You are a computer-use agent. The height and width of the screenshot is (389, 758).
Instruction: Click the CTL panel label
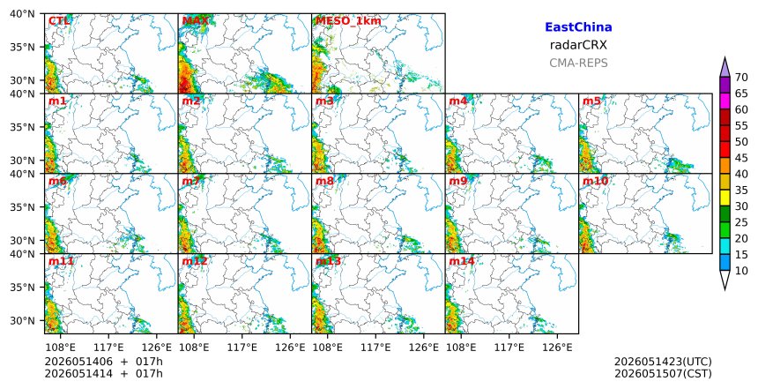(x=59, y=21)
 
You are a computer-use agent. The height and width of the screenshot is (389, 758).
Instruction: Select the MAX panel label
(x=196, y=21)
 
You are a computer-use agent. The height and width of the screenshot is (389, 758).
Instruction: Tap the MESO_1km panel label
(x=348, y=21)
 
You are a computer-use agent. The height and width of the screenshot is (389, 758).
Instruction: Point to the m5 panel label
(x=591, y=101)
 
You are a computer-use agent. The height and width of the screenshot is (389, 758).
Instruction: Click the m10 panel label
(x=595, y=181)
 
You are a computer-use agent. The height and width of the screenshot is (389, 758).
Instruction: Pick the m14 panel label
(x=462, y=261)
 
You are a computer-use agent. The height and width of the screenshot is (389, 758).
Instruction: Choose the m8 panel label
(x=325, y=181)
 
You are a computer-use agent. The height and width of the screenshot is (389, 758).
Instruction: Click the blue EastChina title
(x=578, y=27)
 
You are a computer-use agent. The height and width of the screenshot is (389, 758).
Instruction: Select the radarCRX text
(x=578, y=45)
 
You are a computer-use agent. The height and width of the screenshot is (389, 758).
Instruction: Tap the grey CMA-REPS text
(x=578, y=63)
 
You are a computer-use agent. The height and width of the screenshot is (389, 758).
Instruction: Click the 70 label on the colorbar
(x=741, y=78)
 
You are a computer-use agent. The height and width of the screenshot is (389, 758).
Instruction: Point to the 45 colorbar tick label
(x=741, y=158)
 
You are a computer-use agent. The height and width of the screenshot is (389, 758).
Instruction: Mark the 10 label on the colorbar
(x=741, y=271)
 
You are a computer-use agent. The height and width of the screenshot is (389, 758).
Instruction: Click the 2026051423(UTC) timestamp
(x=663, y=362)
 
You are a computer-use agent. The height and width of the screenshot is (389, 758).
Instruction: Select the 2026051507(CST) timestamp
(x=663, y=373)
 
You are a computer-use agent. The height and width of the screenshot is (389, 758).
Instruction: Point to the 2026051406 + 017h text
(x=103, y=362)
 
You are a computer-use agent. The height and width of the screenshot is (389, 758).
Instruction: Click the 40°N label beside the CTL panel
(x=22, y=13)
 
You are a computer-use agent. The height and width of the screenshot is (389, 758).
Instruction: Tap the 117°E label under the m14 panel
(x=510, y=348)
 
